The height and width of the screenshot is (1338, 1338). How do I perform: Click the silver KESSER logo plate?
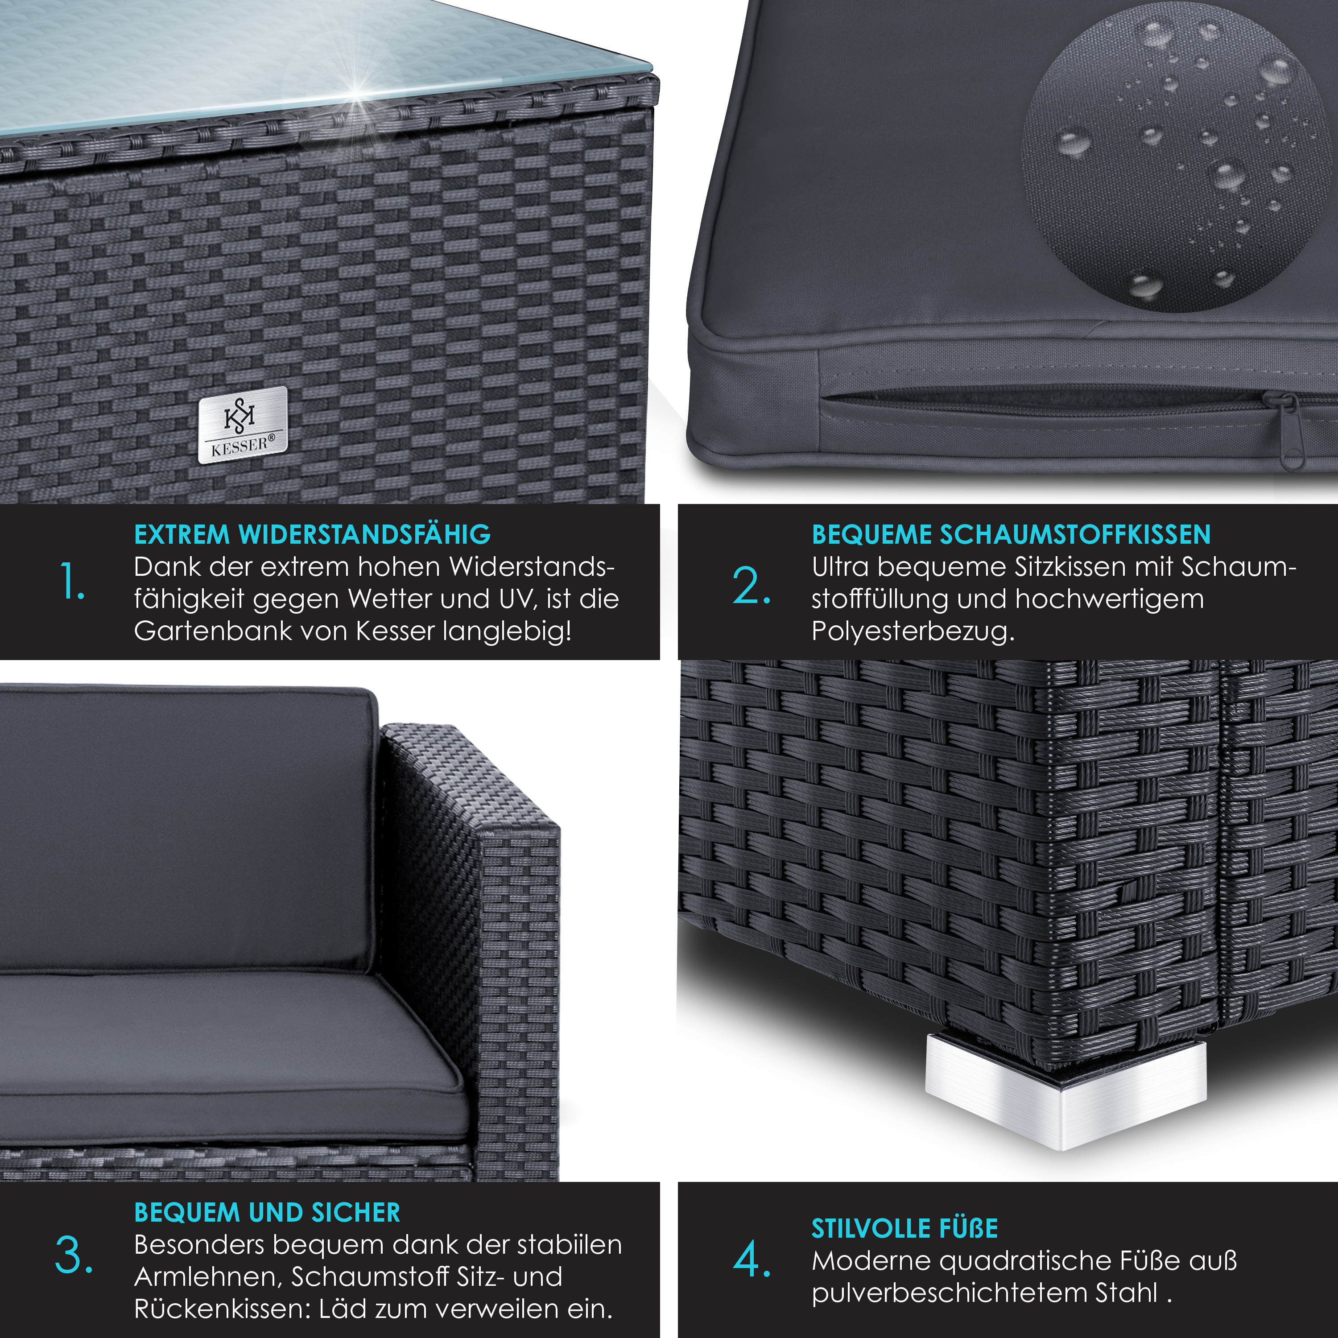click(x=242, y=425)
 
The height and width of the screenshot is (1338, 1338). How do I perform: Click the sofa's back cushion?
click(x=187, y=831)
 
